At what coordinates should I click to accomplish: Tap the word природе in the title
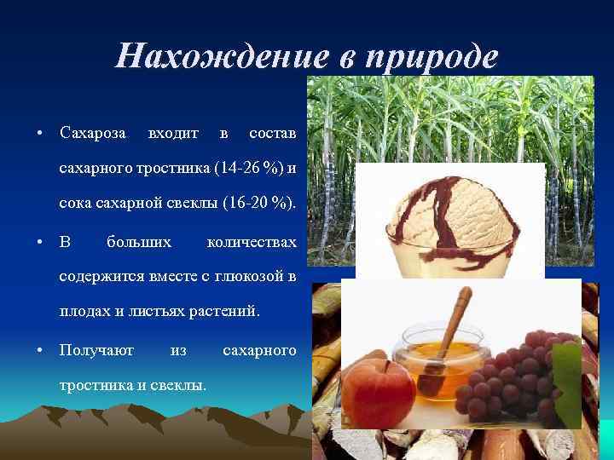click(431, 57)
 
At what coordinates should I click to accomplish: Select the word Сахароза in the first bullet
click(93, 134)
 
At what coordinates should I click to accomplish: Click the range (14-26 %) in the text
click(252, 167)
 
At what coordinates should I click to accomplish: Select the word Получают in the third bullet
click(96, 350)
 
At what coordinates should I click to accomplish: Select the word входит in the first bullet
click(173, 134)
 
